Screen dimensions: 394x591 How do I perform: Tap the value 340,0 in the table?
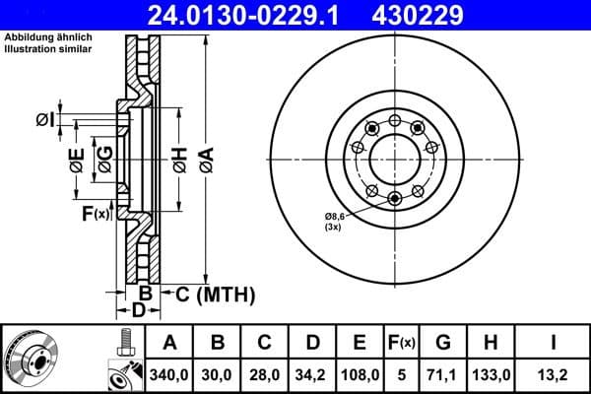pos(169,374)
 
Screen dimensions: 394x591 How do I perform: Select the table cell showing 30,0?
pos(219,374)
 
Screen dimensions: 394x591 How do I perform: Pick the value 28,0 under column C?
pos(265,374)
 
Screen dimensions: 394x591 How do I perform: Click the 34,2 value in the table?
pos(312,374)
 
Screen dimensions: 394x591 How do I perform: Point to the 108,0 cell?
pos(360,374)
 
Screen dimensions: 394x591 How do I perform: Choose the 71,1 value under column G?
pos(442,374)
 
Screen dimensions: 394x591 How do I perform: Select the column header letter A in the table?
pos(169,343)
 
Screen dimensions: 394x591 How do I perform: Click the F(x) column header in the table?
pos(402,343)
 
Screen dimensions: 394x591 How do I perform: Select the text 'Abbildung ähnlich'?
pos(44,38)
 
